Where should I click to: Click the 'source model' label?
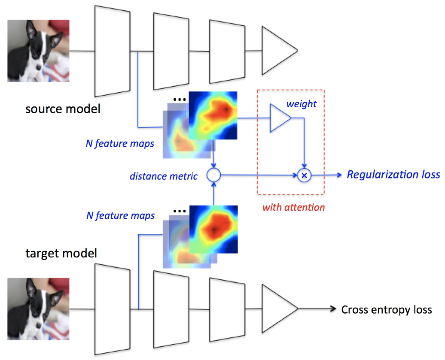(x=63, y=109)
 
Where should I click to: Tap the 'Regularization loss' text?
(x=393, y=175)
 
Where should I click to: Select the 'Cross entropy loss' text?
(x=386, y=309)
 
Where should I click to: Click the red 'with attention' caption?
(x=293, y=208)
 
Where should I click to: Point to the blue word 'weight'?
(x=302, y=105)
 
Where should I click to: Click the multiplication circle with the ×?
(x=305, y=175)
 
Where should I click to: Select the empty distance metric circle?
(x=213, y=175)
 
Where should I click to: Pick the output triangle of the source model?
(x=278, y=51)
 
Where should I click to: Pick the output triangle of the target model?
(x=278, y=309)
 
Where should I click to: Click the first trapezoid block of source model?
(x=112, y=51)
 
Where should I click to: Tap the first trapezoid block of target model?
(x=112, y=309)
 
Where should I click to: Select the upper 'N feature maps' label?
(x=120, y=144)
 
